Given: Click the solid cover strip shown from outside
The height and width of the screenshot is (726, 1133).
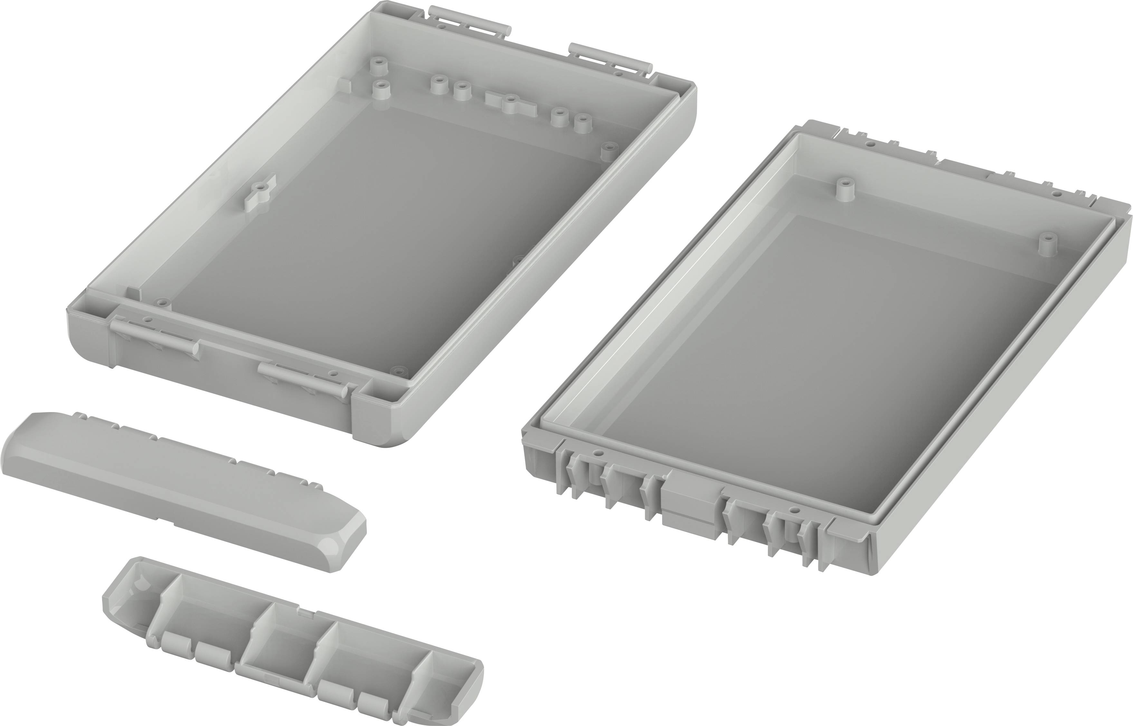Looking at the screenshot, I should click(x=179, y=490).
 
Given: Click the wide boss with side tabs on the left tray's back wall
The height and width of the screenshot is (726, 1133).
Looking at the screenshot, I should click(x=509, y=103).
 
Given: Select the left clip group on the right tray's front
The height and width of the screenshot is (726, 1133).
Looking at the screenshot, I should click(x=609, y=479).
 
